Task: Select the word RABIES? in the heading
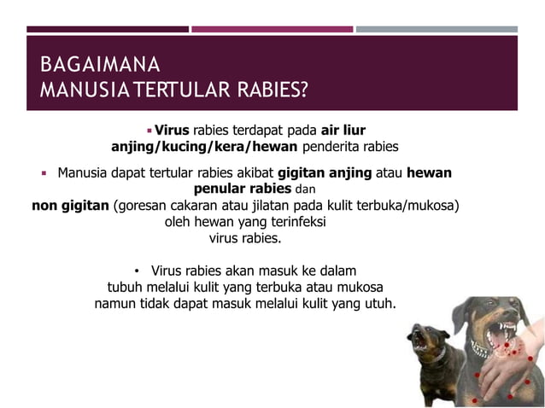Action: pyautogui.click(x=265, y=90)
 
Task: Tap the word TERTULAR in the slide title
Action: pyautogui.click(x=169, y=90)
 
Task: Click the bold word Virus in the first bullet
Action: pyautogui.click(x=172, y=131)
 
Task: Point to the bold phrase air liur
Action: pyautogui.click(x=343, y=131)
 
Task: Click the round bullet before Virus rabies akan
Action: pyautogui.click(x=137, y=271)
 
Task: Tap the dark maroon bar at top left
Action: pyautogui.click(x=107, y=29)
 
